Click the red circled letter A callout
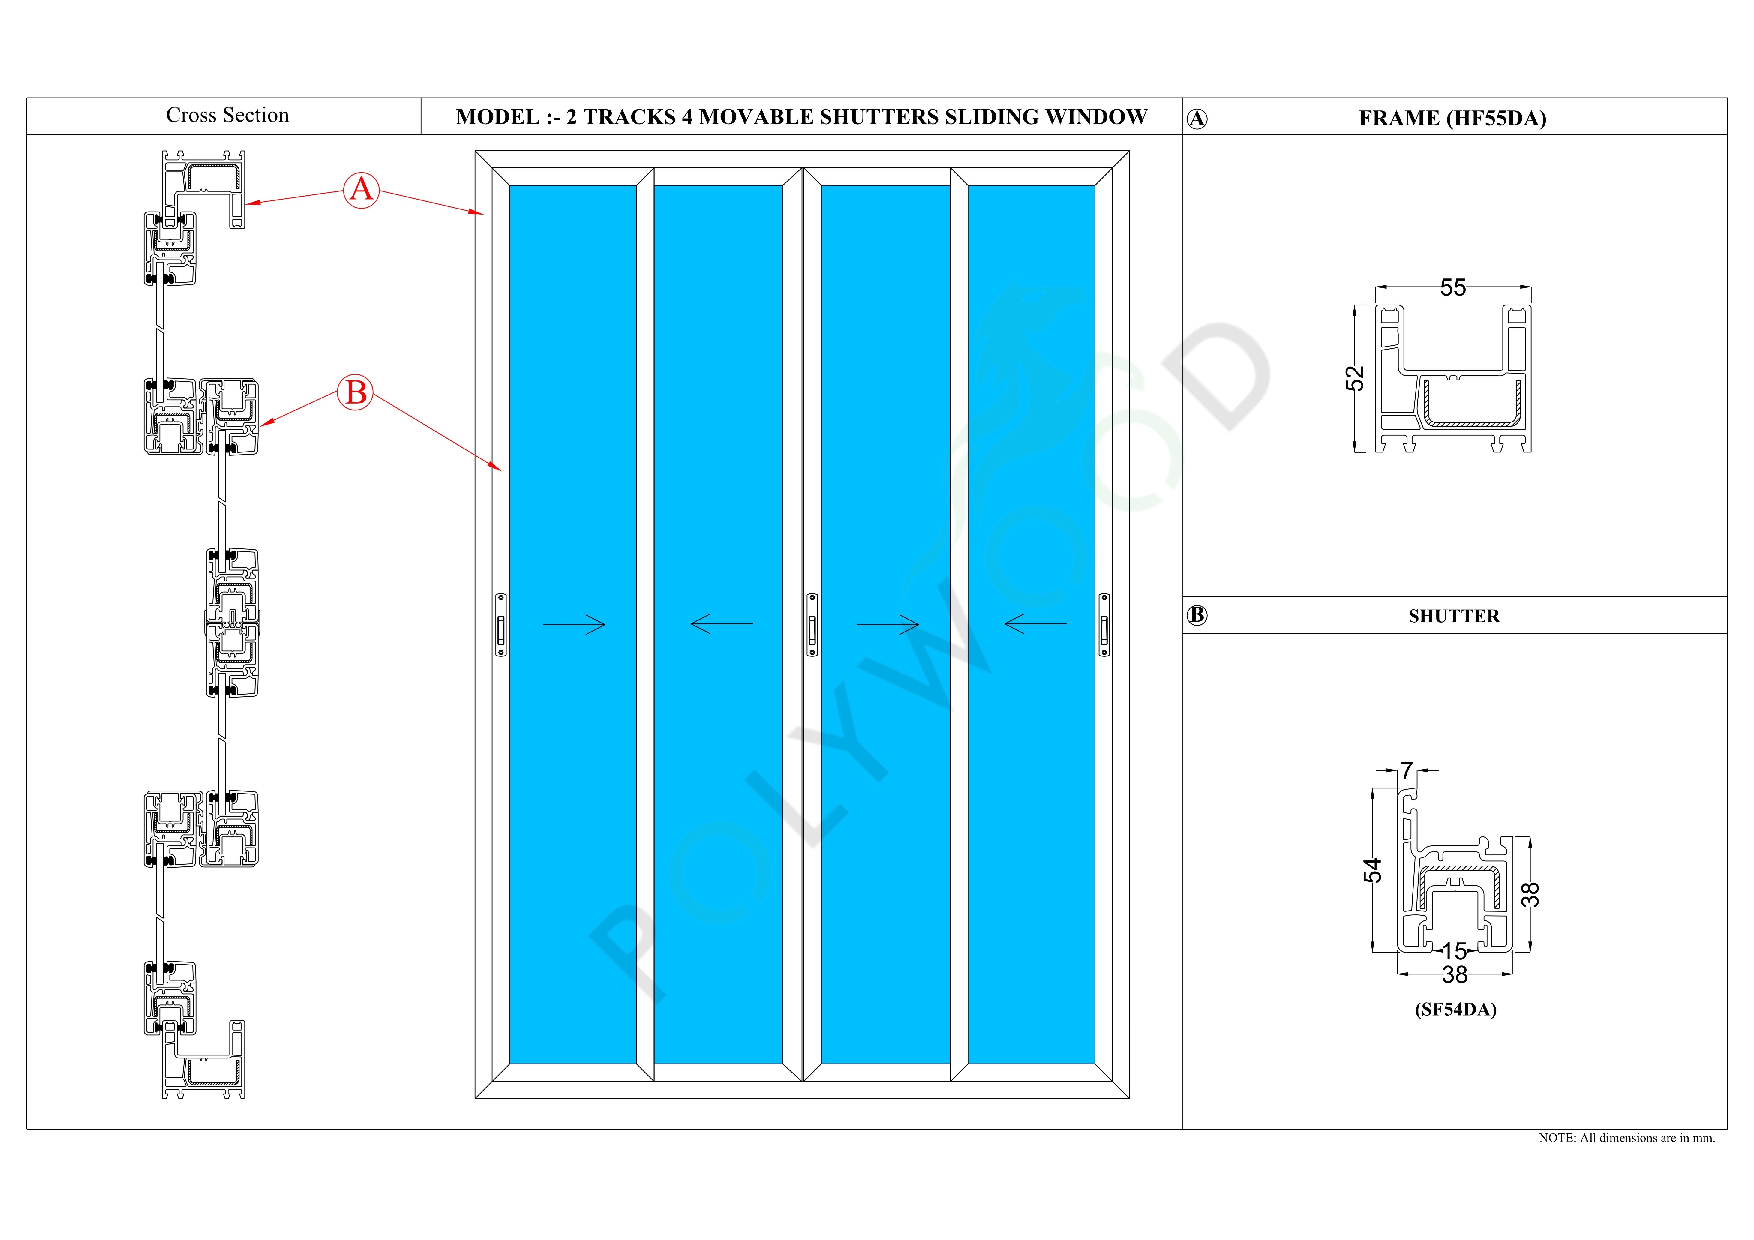click(x=361, y=189)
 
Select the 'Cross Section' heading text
click(x=228, y=116)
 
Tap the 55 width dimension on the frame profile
click(x=1453, y=288)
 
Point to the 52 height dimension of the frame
click(x=1354, y=378)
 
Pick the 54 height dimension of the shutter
click(x=1373, y=870)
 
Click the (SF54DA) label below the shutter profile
click(x=1455, y=1009)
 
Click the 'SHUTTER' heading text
click(x=1454, y=616)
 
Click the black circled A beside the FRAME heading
click(x=1197, y=119)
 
